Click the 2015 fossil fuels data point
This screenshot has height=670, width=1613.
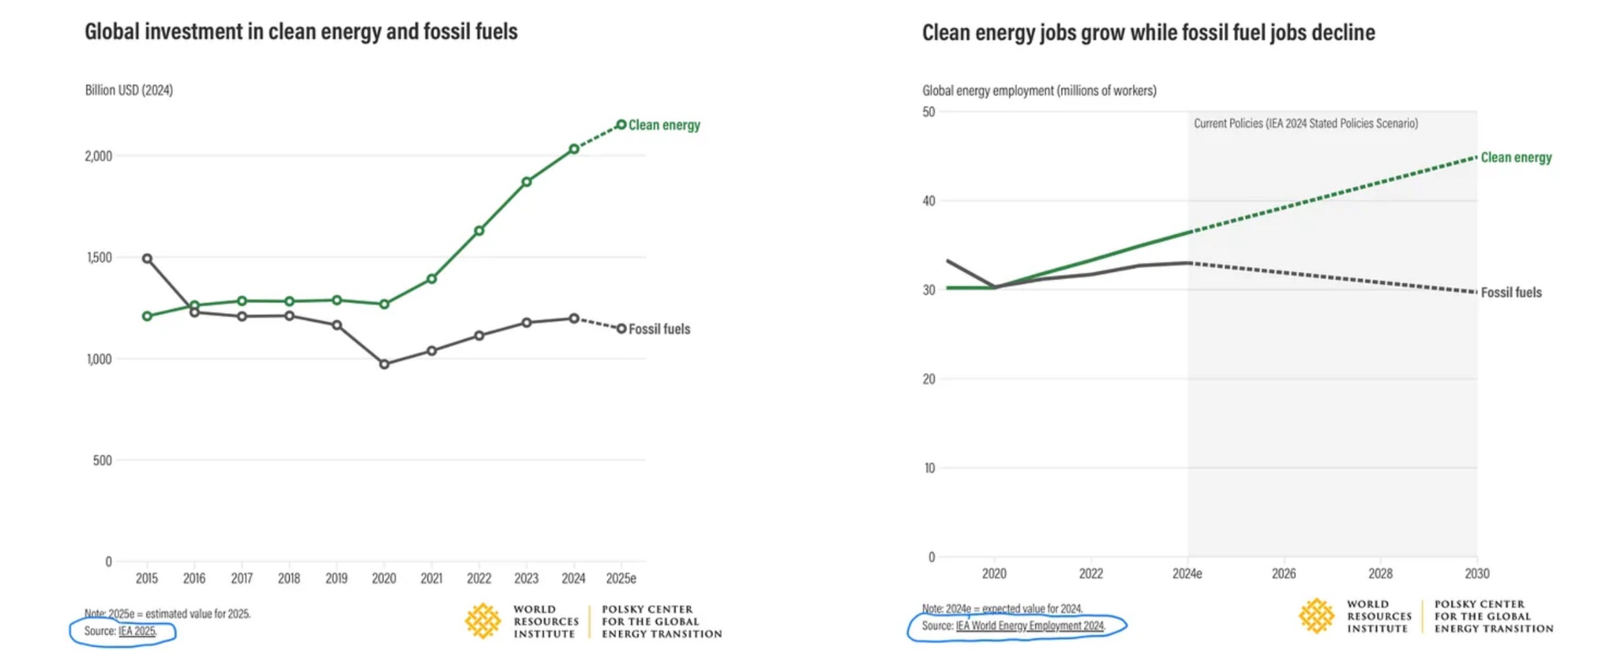(x=147, y=258)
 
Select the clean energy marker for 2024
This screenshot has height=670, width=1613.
(x=574, y=149)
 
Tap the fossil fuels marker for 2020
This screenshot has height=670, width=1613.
(x=384, y=364)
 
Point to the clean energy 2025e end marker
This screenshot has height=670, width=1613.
(x=621, y=124)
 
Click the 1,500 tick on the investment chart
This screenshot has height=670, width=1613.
(x=99, y=258)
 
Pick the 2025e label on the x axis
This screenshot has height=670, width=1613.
(x=621, y=578)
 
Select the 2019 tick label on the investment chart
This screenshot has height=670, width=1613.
(x=336, y=578)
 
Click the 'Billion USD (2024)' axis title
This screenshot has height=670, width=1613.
(x=129, y=91)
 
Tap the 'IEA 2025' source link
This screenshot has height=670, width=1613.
(x=137, y=631)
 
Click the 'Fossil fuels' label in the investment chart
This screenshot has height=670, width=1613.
(x=659, y=329)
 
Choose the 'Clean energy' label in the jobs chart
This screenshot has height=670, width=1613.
(x=1515, y=157)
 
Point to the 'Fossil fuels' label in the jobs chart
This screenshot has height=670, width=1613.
(x=1510, y=293)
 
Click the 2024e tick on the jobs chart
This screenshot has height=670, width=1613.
(x=1187, y=574)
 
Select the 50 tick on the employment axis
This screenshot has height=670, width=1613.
(x=929, y=112)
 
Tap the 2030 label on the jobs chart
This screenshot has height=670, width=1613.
(x=1477, y=574)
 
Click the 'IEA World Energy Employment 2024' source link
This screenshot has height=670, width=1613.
(x=1030, y=626)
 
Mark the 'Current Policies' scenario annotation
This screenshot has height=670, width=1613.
(x=1305, y=124)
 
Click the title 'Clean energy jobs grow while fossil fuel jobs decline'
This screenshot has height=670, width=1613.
(x=1148, y=33)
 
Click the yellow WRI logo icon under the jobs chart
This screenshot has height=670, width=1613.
(x=1316, y=616)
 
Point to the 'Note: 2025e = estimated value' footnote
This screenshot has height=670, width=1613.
(x=168, y=614)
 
